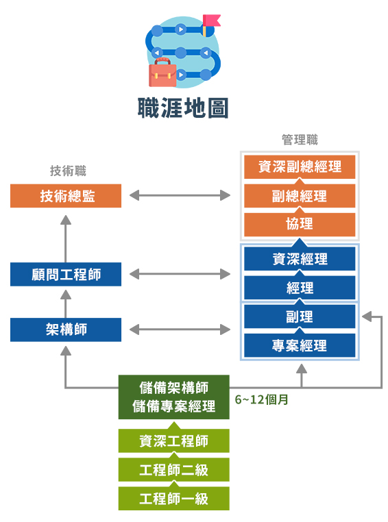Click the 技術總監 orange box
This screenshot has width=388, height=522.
pos(66,196)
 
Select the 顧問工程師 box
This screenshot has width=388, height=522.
pos(66,274)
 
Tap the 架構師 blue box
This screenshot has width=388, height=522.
pos(66,330)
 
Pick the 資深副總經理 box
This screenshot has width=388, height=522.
pos(300,166)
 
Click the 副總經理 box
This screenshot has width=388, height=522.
pos(300,196)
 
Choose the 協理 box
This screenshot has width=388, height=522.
pos(300,225)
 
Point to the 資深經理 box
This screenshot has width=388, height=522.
pos(300,259)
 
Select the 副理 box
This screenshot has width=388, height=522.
pos(300,316)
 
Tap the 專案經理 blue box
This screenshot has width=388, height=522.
pos(300,345)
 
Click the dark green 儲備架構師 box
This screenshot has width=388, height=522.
pos(174,397)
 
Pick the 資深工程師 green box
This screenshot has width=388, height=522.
pos(174,440)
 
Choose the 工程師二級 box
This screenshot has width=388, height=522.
pos(174,470)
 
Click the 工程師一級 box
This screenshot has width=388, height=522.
pos(174,499)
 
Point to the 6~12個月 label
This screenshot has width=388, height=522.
pos(261,399)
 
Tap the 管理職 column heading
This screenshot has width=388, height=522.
pos(300,140)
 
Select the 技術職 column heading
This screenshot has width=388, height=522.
pos(68,171)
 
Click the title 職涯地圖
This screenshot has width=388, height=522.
pos(183,108)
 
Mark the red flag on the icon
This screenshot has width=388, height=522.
pos(212,20)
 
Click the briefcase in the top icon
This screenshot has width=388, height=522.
pos(162,73)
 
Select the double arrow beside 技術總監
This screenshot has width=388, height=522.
pos(180,195)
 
